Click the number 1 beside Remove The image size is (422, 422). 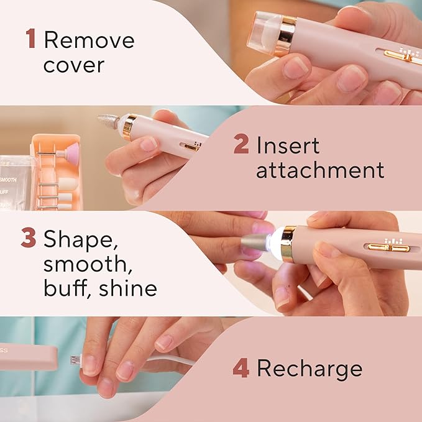pyautogui.click(x=30, y=39)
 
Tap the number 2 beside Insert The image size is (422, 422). pyautogui.click(x=241, y=146)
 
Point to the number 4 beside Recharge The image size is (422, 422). pyautogui.click(x=241, y=368)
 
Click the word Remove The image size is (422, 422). pyautogui.click(x=89, y=40)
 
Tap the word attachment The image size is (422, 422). pyautogui.click(x=320, y=170)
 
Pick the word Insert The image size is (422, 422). pyautogui.click(x=288, y=146)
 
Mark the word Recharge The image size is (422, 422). pyautogui.click(x=310, y=368)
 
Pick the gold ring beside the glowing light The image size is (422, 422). pyautogui.click(x=288, y=243)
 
